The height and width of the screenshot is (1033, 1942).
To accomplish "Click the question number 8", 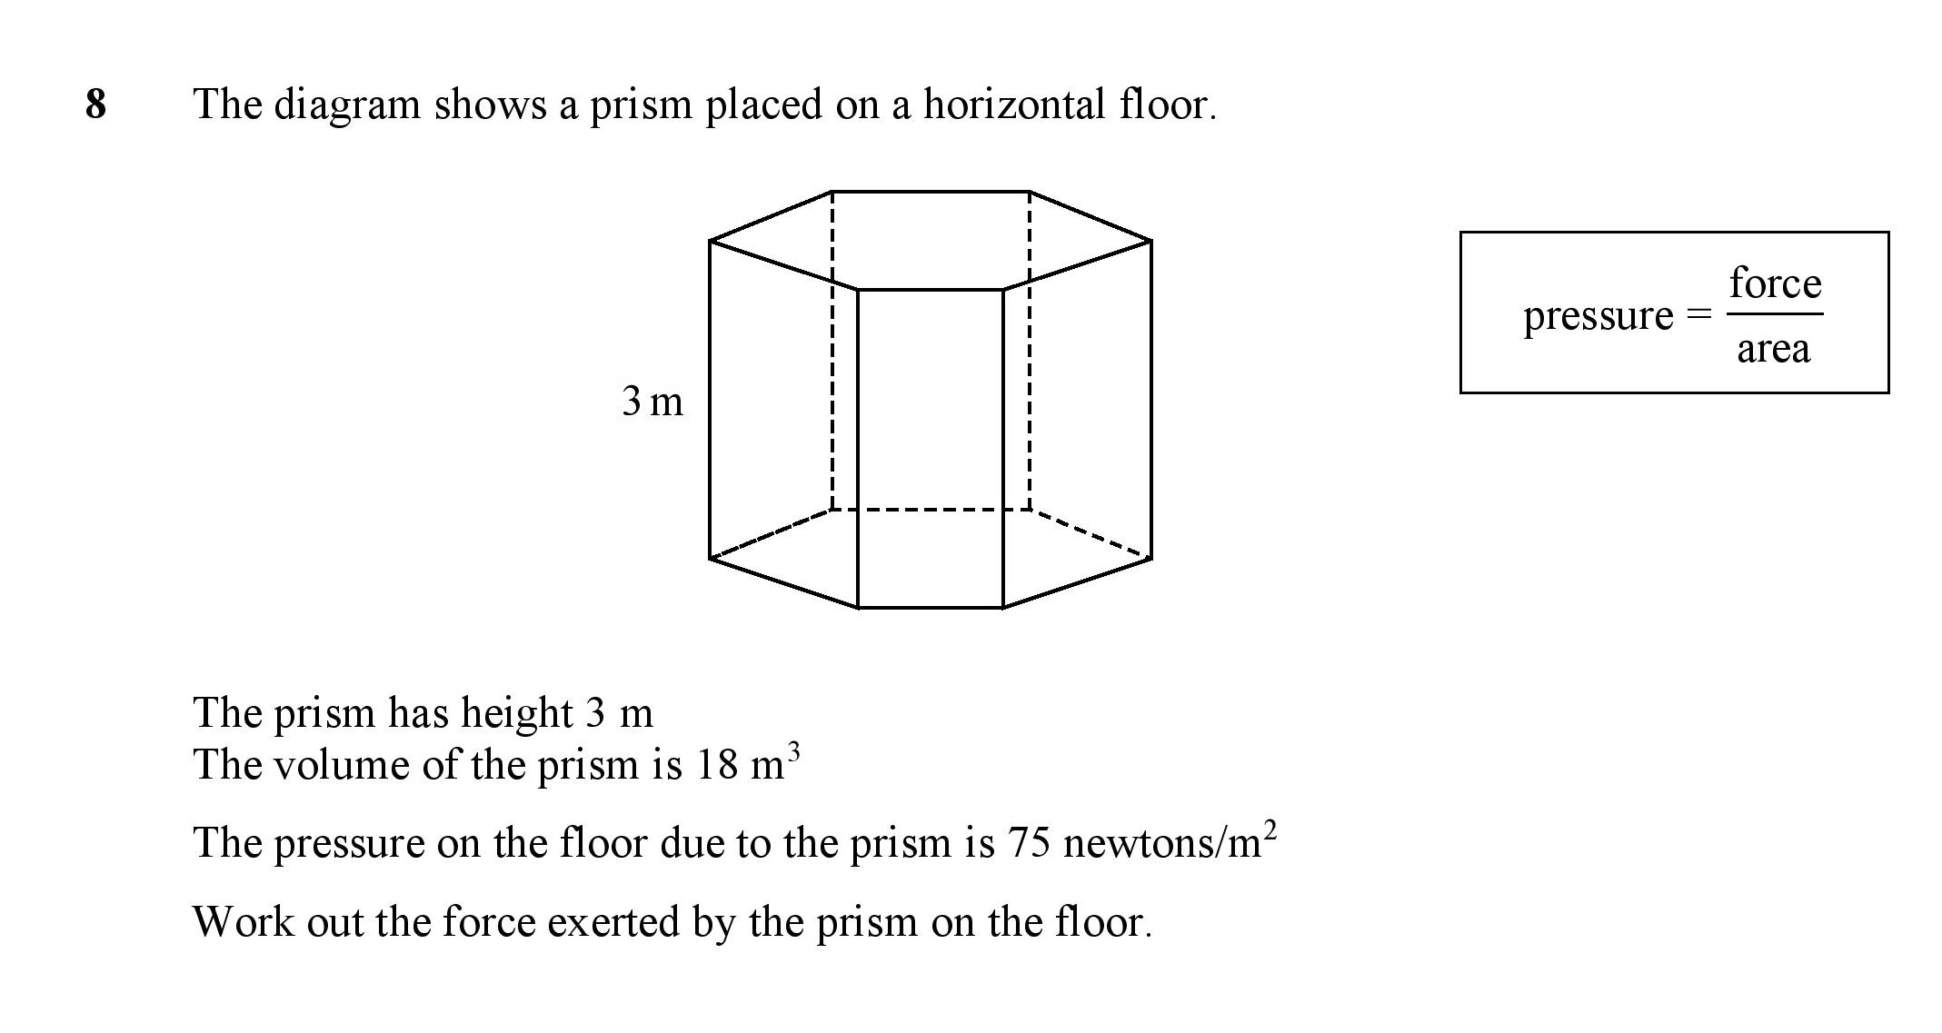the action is tap(95, 104).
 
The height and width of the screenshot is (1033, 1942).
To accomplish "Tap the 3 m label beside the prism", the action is tap(652, 401).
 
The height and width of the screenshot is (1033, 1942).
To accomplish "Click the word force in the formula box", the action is tap(1775, 283).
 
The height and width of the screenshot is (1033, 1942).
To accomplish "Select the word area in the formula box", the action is tap(1773, 348).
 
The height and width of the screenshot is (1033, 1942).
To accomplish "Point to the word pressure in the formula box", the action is tap(1598, 317).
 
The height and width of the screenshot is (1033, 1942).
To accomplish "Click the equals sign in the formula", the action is tap(1698, 314).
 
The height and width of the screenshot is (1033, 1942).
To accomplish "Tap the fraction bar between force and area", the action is tap(1775, 314).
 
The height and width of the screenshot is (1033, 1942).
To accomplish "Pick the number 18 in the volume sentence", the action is tap(717, 765).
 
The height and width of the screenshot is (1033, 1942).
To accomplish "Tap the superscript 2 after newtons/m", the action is tap(1270, 831).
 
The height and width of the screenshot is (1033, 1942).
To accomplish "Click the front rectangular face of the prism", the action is tap(931, 449).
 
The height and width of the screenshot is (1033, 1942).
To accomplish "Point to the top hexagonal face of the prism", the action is tap(931, 241).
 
